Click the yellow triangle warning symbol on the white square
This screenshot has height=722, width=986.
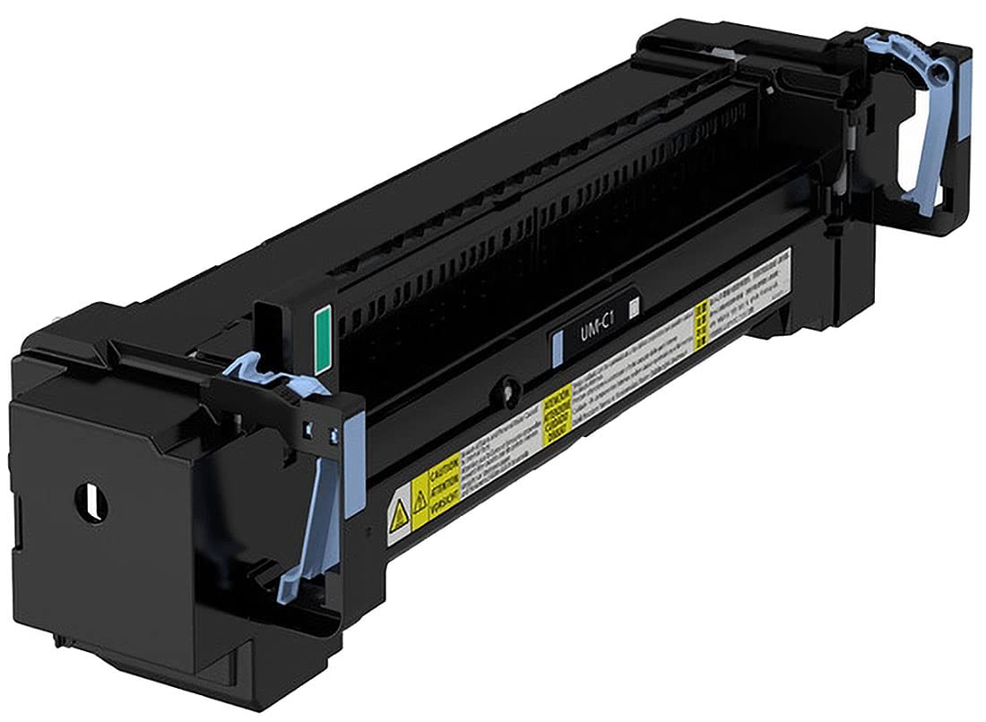(x=398, y=511)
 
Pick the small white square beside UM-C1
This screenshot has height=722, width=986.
(x=635, y=309)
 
